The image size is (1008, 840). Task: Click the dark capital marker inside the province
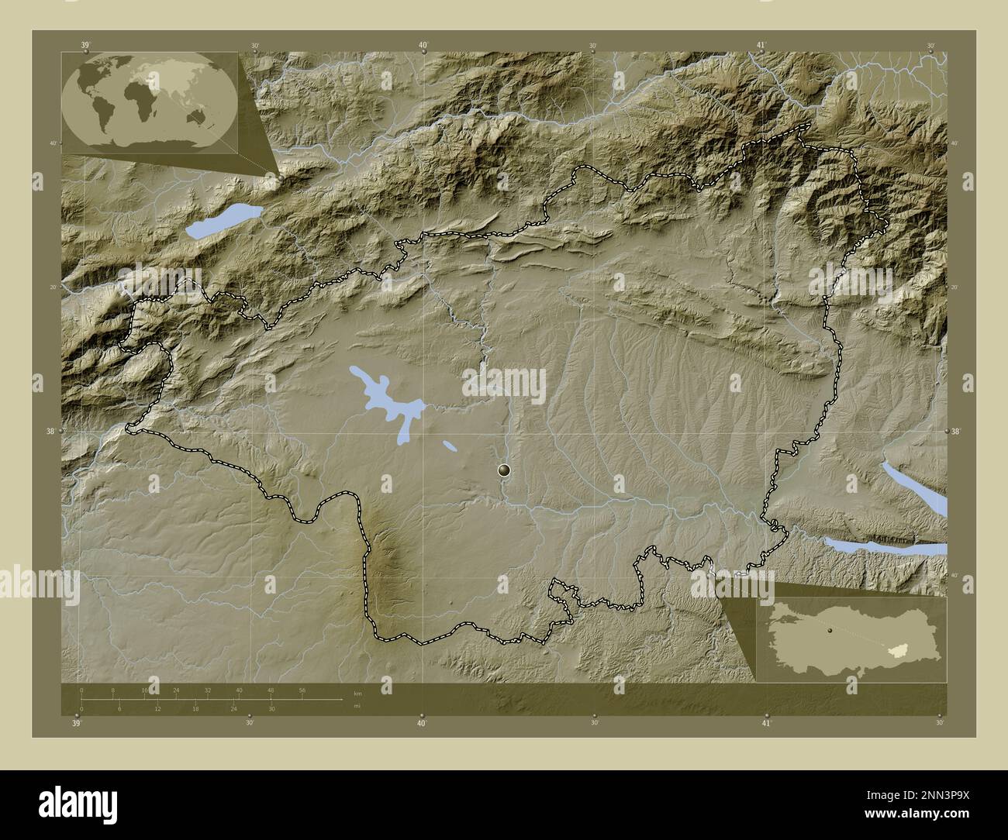tap(505, 470)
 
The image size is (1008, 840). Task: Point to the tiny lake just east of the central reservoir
tap(450, 446)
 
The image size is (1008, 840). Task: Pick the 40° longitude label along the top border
tap(423, 46)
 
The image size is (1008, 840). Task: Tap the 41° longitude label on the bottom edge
tap(765, 723)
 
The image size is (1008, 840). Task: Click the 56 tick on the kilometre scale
tap(302, 690)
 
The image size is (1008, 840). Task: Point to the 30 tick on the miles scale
tap(271, 708)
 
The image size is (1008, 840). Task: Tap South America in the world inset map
tap(101, 116)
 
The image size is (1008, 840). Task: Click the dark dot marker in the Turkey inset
tap(830, 632)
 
